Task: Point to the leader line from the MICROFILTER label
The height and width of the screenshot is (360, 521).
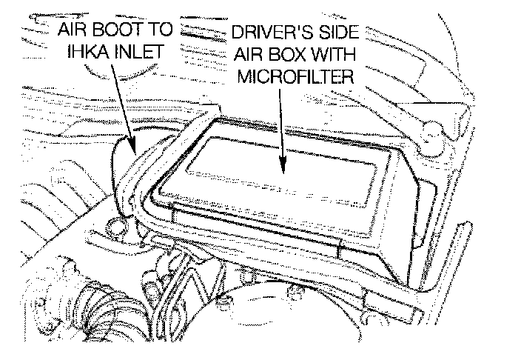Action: pyautogui.click(x=283, y=126)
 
